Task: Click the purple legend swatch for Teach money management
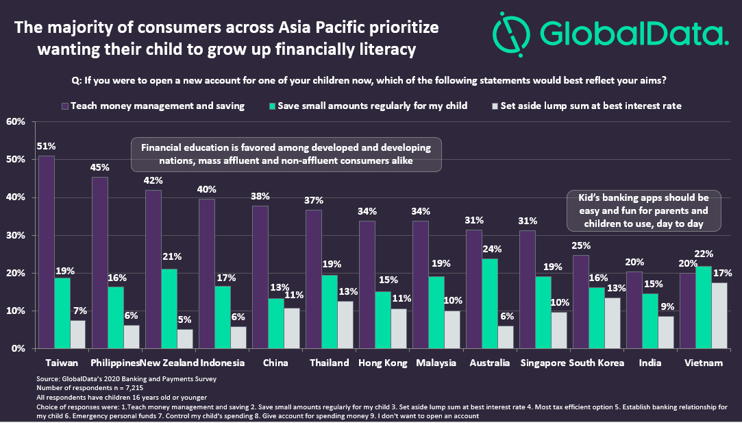tap(64, 106)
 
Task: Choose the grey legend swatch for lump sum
tap(495, 106)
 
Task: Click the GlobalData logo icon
tap(510, 32)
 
